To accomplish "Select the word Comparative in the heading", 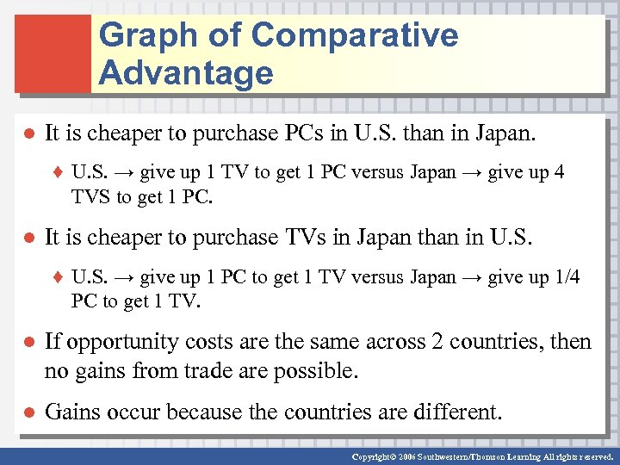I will point(355,36).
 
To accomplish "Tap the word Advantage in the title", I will point(186,73).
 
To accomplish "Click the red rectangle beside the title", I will point(53,53).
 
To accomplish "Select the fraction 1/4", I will point(566,277).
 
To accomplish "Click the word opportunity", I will point(124,342).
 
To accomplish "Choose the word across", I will point(371,342).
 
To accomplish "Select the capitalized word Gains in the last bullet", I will point(71,412).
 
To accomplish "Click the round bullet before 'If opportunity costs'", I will point(28,343).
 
